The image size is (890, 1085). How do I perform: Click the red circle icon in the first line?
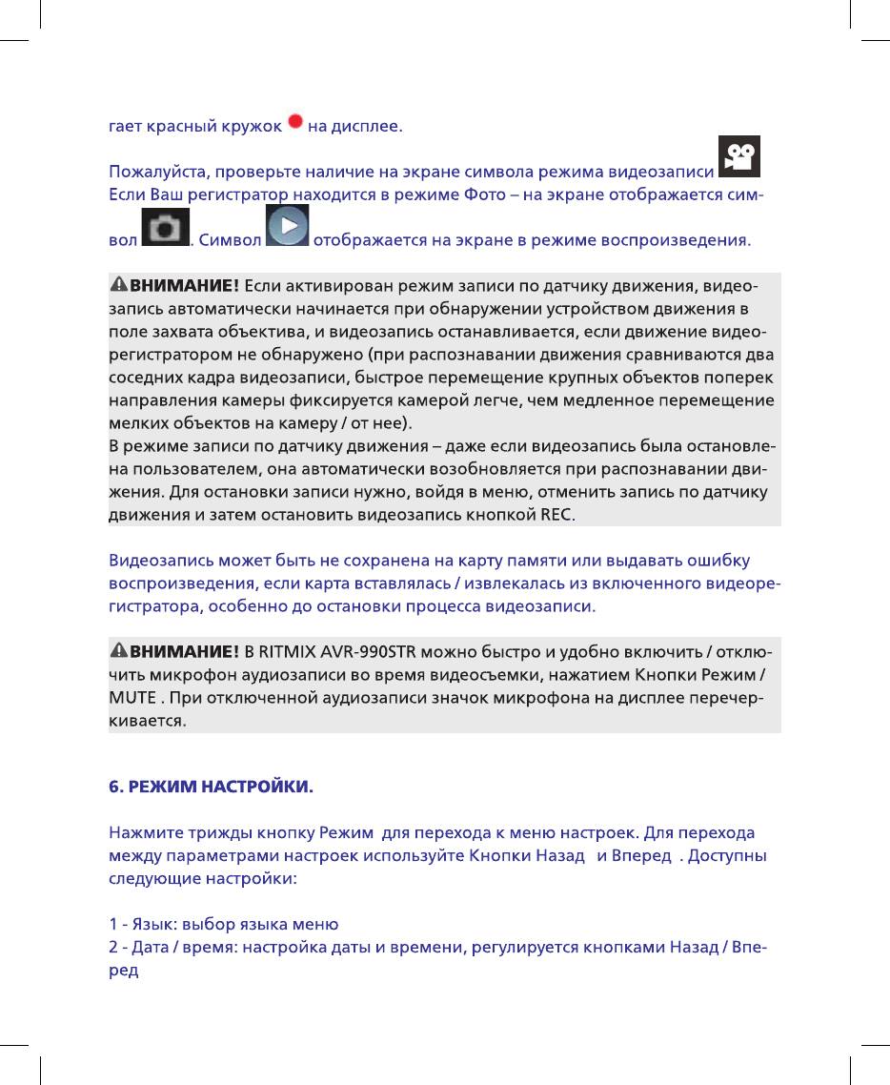pos(295,122)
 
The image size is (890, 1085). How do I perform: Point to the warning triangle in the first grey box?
pos(119,285)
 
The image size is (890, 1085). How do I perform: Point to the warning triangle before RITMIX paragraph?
pos(119,652)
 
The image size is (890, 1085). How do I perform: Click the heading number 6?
pos(114,788)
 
